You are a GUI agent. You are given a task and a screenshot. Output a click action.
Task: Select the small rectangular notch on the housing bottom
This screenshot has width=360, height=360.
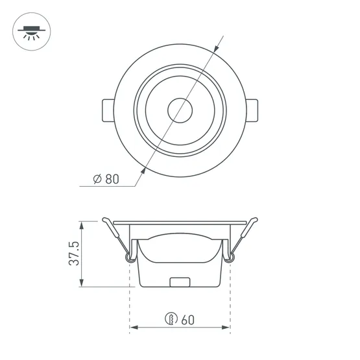click(180, 282)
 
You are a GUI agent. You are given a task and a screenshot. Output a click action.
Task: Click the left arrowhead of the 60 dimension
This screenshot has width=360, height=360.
click(134, 328)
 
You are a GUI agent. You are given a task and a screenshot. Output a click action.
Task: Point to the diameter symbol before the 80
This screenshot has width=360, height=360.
click(95, 180)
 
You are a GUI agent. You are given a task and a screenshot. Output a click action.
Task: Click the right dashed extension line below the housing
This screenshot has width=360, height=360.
click(230, 305)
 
